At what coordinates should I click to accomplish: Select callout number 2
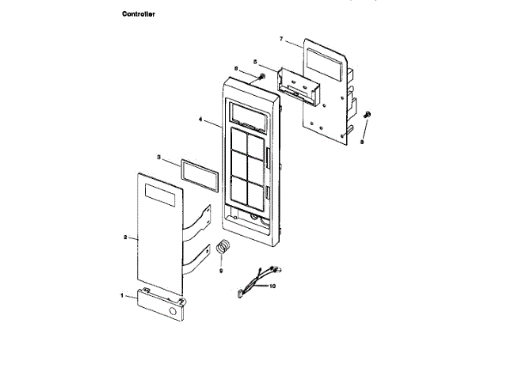tap(126, 237)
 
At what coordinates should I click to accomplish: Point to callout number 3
tap(158, 158)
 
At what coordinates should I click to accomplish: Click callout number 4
tap(201, 120)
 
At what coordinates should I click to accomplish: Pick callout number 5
tap(254, 61)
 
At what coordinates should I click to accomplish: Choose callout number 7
tap(281, 39)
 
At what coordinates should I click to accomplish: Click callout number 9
tap(221, 270)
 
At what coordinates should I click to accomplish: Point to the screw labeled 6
tap(259, 76)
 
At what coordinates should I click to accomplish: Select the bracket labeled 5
tap(299, 85)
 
